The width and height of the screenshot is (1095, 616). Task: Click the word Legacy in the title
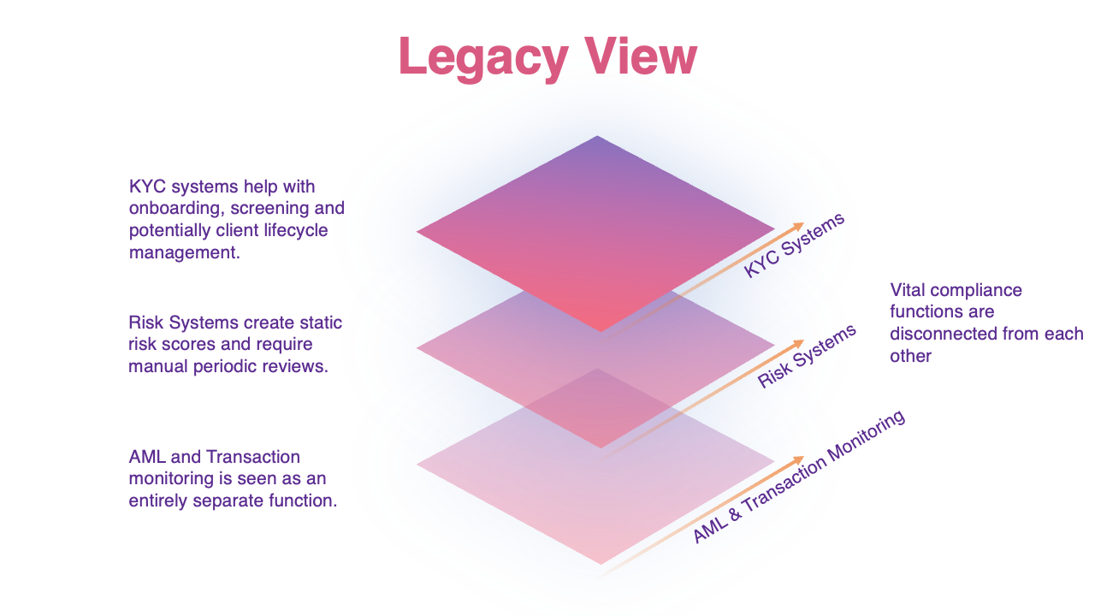coord(482,58)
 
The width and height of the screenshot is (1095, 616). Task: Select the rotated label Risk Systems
coord(807,357)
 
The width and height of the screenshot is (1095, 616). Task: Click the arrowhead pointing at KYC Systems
coord(800,225)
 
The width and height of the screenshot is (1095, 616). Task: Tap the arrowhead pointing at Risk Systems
coord(800,342)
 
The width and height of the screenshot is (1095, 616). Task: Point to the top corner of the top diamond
coord(597,137)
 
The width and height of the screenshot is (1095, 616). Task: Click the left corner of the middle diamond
coord(418,347)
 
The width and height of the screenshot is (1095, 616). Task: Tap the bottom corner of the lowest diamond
coord(601,563)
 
